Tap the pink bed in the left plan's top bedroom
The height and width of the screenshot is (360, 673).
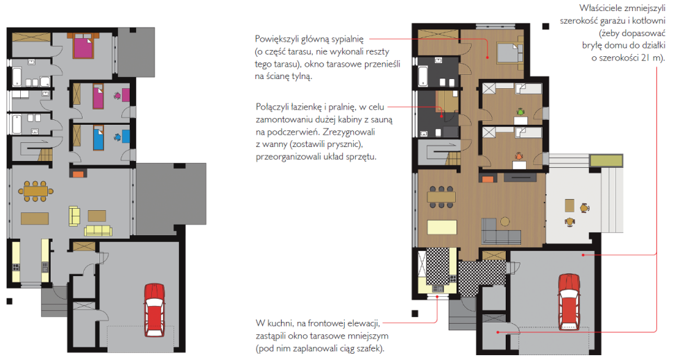(84, 47)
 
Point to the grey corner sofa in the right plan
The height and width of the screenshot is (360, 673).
(499, 230)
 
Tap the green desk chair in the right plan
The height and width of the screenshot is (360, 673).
(520, 111)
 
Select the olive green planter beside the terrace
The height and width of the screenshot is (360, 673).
(604, 161)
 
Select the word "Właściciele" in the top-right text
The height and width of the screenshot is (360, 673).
(602, 8)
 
